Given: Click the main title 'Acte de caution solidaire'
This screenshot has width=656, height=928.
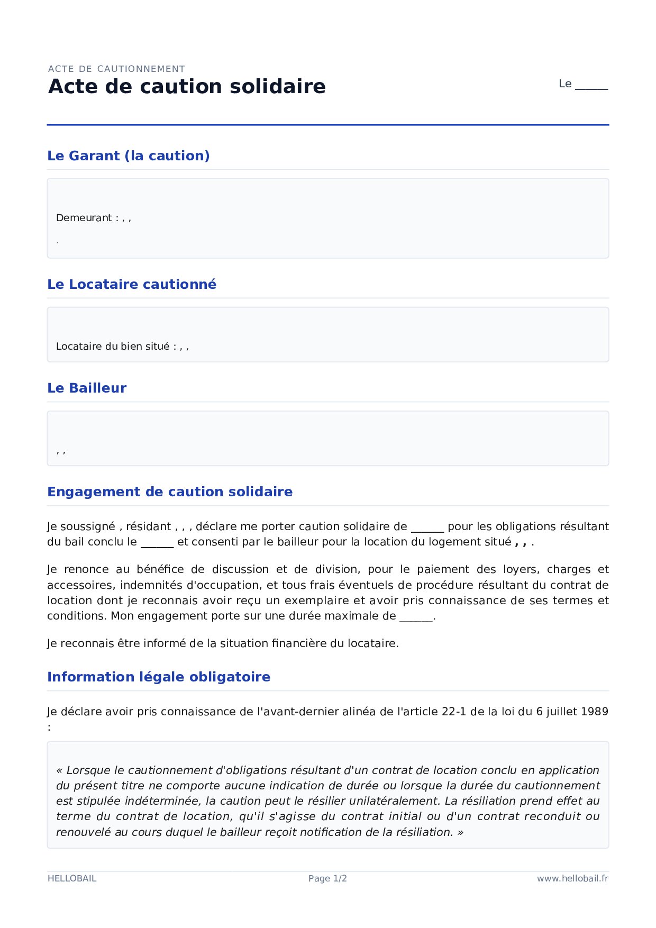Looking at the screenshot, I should [x=187, y=87].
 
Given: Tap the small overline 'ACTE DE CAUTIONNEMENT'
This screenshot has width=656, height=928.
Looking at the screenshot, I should [x=116, y=69].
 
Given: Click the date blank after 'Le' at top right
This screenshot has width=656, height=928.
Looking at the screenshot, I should [x=591, y=85].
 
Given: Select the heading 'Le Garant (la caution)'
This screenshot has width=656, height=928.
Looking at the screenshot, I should [x=129, y=156].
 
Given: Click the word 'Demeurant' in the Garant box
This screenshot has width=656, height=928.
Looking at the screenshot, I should [x=84, y=218].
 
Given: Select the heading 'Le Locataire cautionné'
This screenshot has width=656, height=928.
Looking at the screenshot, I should [x=132, y=285].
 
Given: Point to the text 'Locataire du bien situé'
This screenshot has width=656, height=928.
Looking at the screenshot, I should [x=113, y=347].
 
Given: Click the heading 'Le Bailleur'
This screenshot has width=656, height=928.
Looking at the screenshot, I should [x=87, y=388].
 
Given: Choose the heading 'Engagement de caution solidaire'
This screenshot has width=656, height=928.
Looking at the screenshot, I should [x=170, y=492].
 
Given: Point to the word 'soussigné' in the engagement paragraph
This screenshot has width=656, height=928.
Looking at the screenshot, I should [x=87, y=526].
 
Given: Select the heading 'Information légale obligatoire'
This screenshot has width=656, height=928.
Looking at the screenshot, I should [x=159, y=677].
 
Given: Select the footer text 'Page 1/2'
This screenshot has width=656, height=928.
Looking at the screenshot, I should [x=327, y=879].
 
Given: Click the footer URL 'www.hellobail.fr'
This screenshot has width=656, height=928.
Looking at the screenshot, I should [x=572, y=879].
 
